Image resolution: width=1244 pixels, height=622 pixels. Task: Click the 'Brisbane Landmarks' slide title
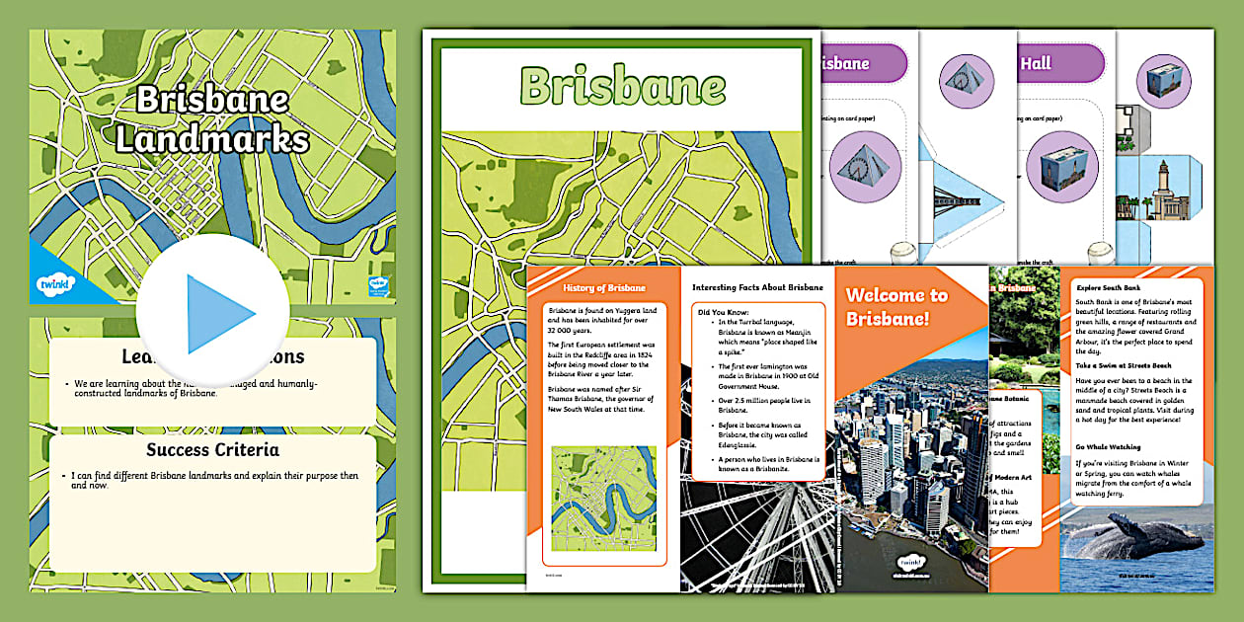coord(212,119)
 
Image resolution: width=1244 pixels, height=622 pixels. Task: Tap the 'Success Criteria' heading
coord(212,450)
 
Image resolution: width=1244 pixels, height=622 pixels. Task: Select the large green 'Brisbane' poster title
coord(622,87)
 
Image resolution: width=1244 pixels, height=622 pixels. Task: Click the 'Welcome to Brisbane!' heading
coord(896,306)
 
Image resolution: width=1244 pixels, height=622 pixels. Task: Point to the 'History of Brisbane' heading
coord(604,288)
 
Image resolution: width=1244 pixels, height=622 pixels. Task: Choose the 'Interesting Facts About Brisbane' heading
coord(757,287)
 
